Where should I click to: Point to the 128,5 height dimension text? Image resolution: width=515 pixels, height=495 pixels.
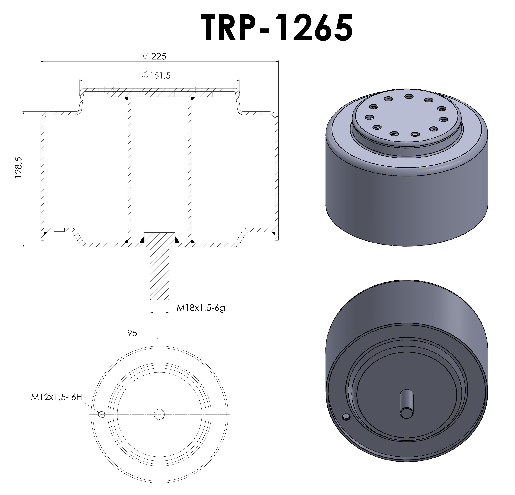pos(19,168)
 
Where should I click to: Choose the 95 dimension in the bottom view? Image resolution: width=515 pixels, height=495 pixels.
pos(132,333)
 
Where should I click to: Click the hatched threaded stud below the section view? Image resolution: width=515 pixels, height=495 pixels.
pos(159,273)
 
